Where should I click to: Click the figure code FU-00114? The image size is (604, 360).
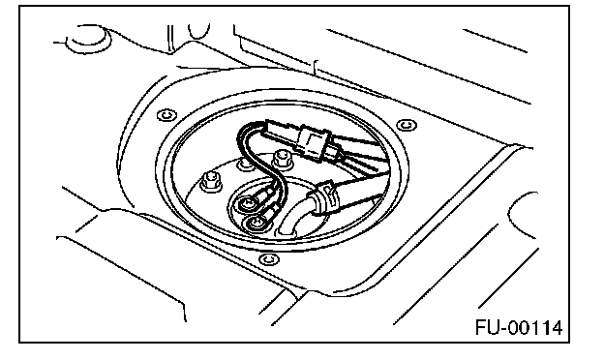pos(519,328)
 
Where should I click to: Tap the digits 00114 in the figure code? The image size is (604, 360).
pos(534,328)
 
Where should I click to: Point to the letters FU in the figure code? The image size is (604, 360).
pos(487,328)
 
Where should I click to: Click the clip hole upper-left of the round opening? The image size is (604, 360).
pos(166,115)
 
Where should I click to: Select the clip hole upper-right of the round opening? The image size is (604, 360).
pos(407,125)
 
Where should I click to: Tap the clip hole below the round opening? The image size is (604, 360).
pos(268,259)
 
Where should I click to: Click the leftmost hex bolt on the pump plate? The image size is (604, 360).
pos(211,181)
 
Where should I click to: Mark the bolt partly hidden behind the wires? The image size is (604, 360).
pos(245,165)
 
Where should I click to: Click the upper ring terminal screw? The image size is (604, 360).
pos(249,203)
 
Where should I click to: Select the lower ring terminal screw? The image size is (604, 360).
pos(256,223)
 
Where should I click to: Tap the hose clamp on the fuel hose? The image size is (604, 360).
pos(326,196)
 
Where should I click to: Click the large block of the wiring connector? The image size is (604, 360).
pos(315,141)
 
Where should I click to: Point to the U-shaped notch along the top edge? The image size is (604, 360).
pos(199,32)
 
